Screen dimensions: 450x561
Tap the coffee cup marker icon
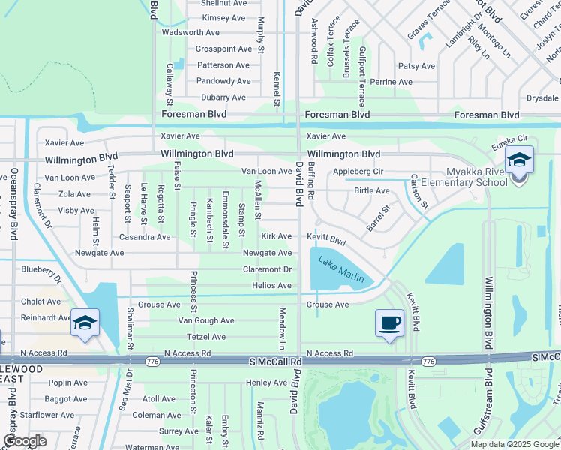coord(388,323)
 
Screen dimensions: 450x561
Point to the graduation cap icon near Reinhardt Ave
coord(85,322)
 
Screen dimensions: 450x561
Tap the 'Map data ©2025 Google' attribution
coord(514,444)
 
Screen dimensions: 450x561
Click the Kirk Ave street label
coord(276,236)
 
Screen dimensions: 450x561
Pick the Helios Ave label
coord(272,286)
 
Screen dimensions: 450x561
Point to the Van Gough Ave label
coord(205,320)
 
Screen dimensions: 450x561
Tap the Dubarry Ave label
coord(223,97)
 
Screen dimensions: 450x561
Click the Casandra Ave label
coord(145,237)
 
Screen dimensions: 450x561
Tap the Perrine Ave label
coord(391,82)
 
